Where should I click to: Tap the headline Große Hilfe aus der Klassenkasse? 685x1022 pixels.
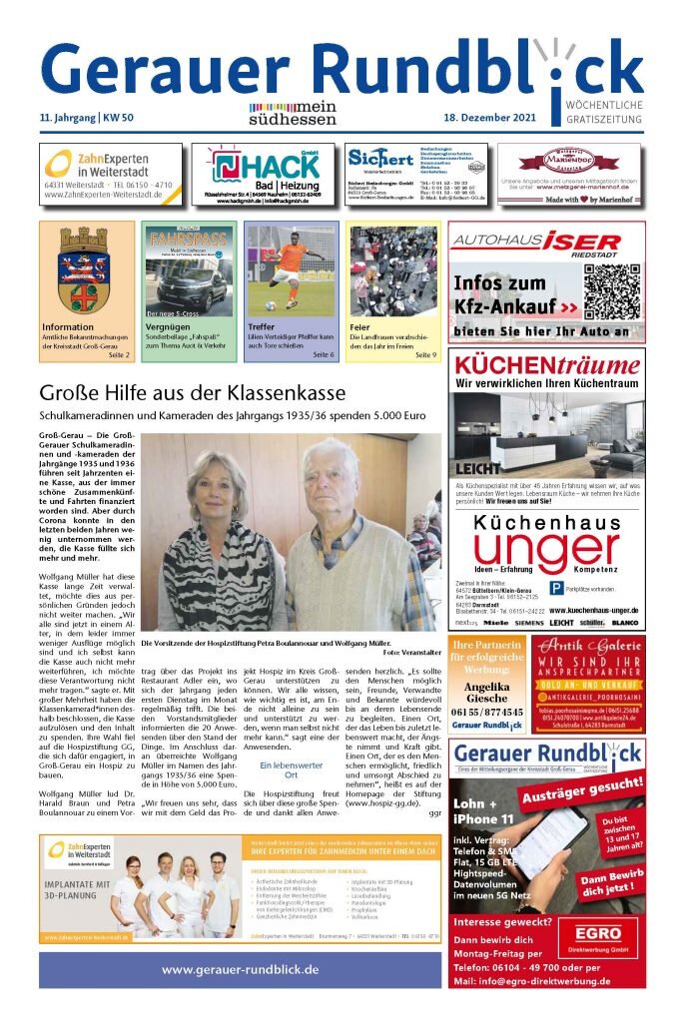[x=192, y=392]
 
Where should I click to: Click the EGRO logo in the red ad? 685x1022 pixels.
[x=597, y=939]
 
